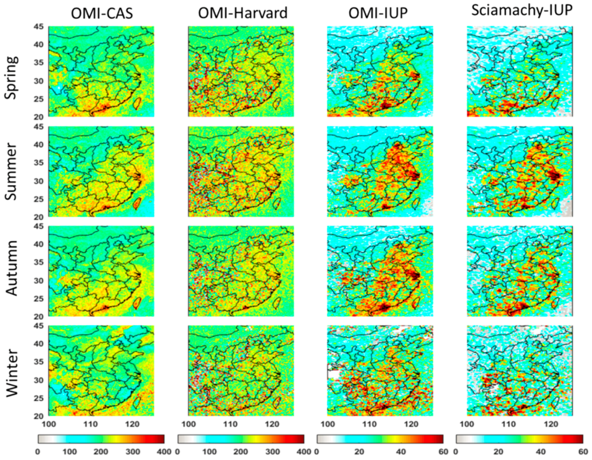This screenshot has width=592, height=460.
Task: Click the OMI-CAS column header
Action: tap(102, 13)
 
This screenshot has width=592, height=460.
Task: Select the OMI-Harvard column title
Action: tap(243, 13)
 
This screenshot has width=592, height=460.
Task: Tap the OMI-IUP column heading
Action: tap(378, 13)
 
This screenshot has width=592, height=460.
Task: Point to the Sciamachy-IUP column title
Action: tap(521, 11)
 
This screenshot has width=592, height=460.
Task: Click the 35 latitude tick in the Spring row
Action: tap(39, 63)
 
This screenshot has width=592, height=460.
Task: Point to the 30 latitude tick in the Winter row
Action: tap(39, 380)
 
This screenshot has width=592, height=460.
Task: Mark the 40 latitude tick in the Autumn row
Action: tap(39, 244)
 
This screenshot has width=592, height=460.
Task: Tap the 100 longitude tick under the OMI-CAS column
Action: tap(48, 424)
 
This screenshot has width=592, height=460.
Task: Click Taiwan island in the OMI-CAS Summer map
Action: tap(137, 203)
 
